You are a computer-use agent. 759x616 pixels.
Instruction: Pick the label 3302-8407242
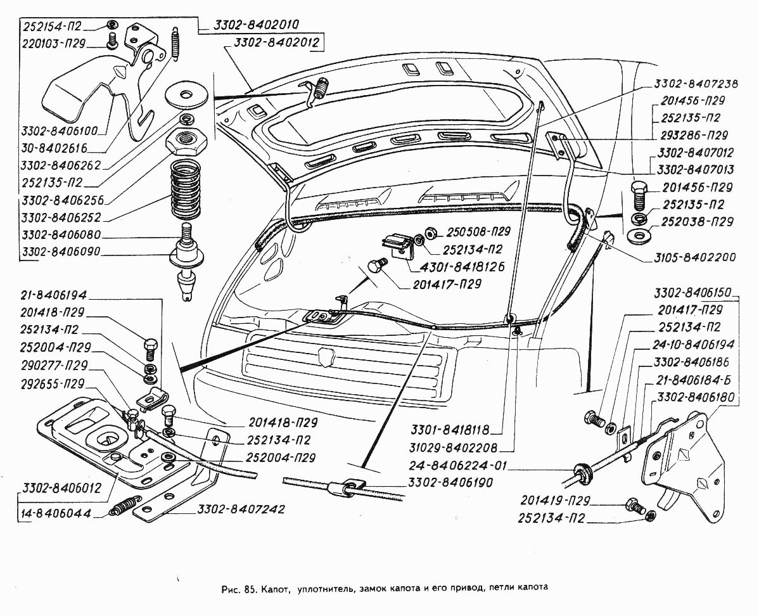[241, 509]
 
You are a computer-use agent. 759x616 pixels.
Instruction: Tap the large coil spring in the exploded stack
[186, 189]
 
